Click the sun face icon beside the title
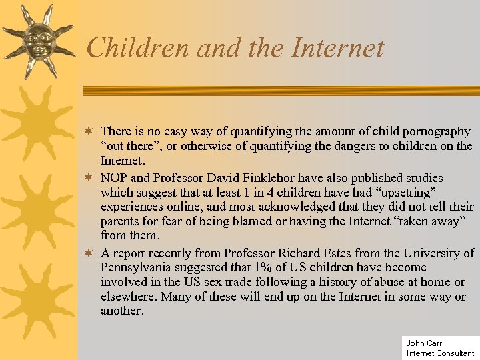37,40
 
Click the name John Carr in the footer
424,343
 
